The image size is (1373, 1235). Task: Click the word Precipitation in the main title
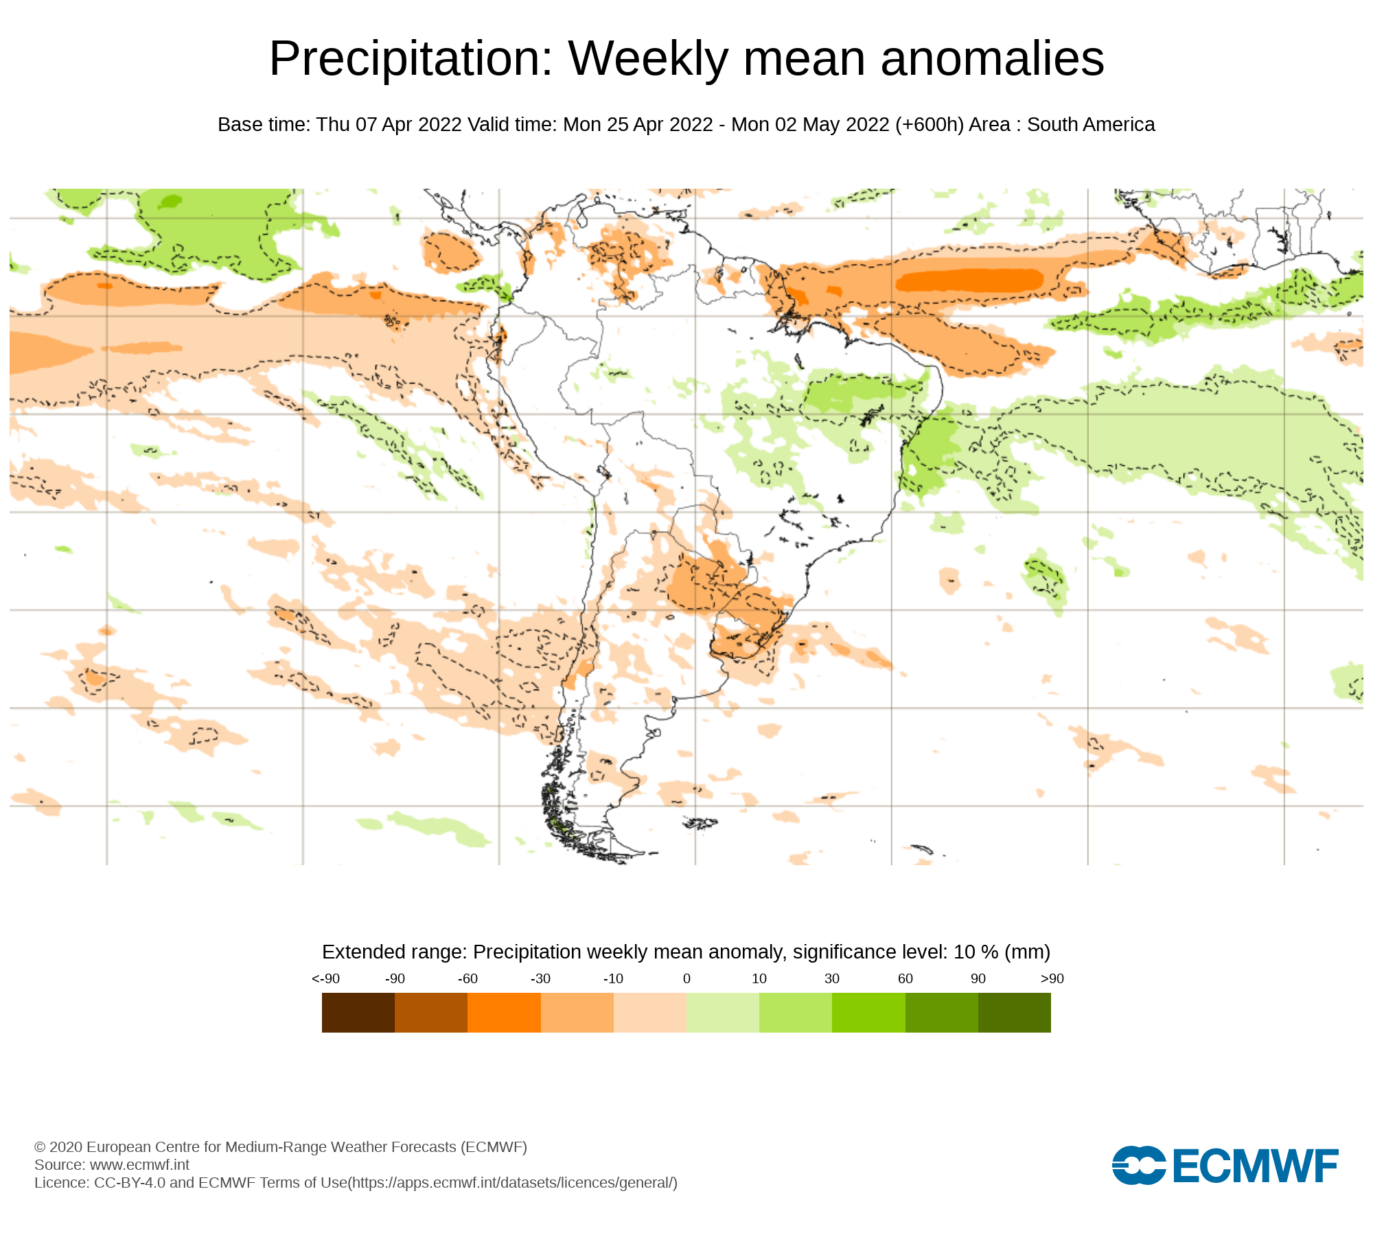click(x=411, y=59)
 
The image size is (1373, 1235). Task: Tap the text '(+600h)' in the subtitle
click(x=929, y=125)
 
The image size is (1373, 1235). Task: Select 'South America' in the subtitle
click(x=1091, y=125)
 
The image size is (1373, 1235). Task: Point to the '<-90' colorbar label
click(x=325, y=979)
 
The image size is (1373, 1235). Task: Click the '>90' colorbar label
click(x=1052, y=979)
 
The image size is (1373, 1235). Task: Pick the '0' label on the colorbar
click(x=686, y=979)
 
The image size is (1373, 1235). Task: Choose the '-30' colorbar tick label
click(x=540, y=979)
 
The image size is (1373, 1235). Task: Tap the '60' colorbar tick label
click(x=905, y=979)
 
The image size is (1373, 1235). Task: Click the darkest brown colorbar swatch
click(x=358, y=1013)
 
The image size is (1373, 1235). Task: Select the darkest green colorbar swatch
click(x=1014, y=1013)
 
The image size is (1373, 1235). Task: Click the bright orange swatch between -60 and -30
click(x=504, y=1013)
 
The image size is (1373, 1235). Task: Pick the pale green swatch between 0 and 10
click(x=722, y=1013)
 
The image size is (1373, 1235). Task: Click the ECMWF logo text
click(x=1256, y=1166)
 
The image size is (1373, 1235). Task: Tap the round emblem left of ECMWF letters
click(x=1138, y=1166)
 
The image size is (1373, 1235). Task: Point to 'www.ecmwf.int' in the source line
click(x=139, y=1165)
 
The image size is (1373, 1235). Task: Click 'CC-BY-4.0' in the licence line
click(x=130, y=1183)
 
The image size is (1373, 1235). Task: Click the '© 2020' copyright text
click(x=58, y=1147)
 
